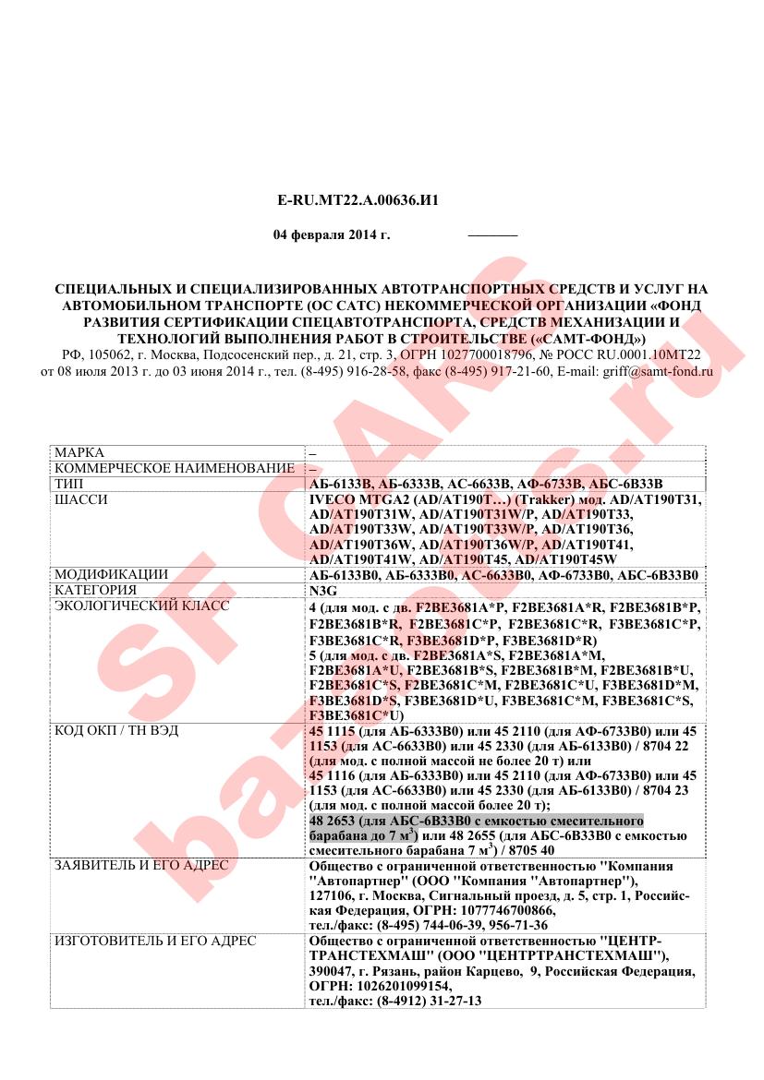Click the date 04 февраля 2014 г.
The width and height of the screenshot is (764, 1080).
[x=332, y=234]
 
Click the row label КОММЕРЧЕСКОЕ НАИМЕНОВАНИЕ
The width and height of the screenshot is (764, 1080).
[x=175, y=469]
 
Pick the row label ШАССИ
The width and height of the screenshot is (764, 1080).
[x=81, y=499]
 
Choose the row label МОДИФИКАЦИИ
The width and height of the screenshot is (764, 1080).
[x=111, y=574]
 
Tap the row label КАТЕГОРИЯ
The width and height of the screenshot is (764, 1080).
[x=95, y=590]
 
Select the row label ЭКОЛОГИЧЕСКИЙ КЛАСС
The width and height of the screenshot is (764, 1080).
[x=141, y=606]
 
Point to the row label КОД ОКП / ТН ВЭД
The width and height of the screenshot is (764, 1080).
[x=116, y=730]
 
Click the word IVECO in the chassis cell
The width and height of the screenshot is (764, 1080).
[x=332, y=499]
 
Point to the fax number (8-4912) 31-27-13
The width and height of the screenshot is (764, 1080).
[x=431, y=1001]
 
